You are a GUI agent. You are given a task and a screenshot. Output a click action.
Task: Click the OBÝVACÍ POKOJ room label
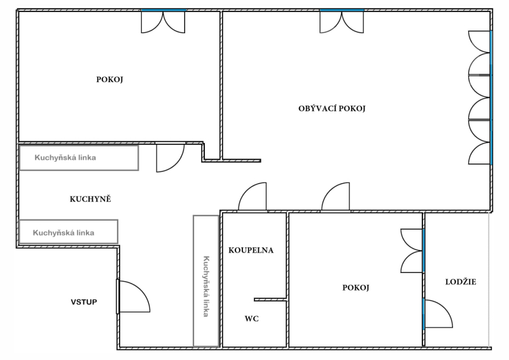pos(331,108)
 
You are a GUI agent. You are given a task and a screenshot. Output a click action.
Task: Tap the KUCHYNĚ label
pos(90,199)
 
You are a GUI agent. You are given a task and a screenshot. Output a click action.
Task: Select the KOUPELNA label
pos(251,250)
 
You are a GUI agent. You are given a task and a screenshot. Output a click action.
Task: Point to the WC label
pos(251,319)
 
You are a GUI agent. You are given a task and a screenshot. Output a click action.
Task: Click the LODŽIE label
pos(461,282)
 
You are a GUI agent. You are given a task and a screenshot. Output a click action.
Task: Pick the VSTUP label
pos(84,302)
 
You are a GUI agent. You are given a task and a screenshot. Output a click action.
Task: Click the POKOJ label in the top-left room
pos(109,80)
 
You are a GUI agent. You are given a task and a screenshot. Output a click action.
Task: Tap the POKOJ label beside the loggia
pos(356,287)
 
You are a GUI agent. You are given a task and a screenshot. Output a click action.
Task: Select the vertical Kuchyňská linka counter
pos(206,281)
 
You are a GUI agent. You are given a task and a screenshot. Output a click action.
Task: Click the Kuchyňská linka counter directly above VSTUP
pos(69,232)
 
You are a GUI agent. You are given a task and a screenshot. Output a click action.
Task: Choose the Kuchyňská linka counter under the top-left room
pos(79,158)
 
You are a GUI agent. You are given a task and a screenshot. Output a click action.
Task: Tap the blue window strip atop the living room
pos(342,10)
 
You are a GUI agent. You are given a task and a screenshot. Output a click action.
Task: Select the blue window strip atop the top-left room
pos(164,10)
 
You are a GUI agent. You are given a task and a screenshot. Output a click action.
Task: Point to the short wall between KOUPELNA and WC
pos(270,300)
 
